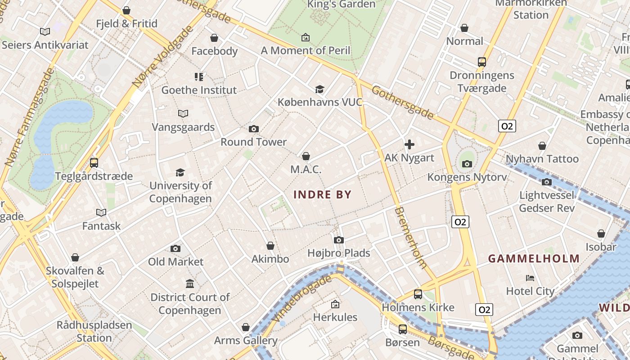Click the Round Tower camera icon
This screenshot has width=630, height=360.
click(x=253, y=129)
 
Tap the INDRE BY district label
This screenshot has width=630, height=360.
click(x=322, y=195)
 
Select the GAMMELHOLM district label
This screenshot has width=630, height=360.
click(x=534, y=259)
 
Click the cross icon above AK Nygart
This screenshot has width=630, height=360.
click(x=409, y=144)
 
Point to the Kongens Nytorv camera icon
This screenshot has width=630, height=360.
click(x=467, y=164)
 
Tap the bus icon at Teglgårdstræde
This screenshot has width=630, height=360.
click(x=94, y=163)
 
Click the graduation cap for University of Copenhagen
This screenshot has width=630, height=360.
click(x=180, y=172)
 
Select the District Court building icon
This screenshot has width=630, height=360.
click(x=190, y=284)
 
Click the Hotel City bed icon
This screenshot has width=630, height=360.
click(x=530, y=278)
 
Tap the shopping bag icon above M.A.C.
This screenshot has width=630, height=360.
click(x=306, y=156)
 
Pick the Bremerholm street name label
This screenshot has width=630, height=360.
click(x=410, y=238)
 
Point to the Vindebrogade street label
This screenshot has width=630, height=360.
click(x=302, y=298)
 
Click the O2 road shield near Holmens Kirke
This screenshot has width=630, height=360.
click(x=484, y=310)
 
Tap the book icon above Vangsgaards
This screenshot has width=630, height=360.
click(x=183, y=113)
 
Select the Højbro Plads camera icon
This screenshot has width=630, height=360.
click(x=339, y=240)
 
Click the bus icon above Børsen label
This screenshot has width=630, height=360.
click(x=402, y=329)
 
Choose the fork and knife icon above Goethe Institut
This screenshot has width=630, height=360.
click(x=199, y=77)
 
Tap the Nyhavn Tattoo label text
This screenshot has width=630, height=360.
click(x=542, y=159)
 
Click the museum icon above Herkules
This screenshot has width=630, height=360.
click(x=335, y=304)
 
